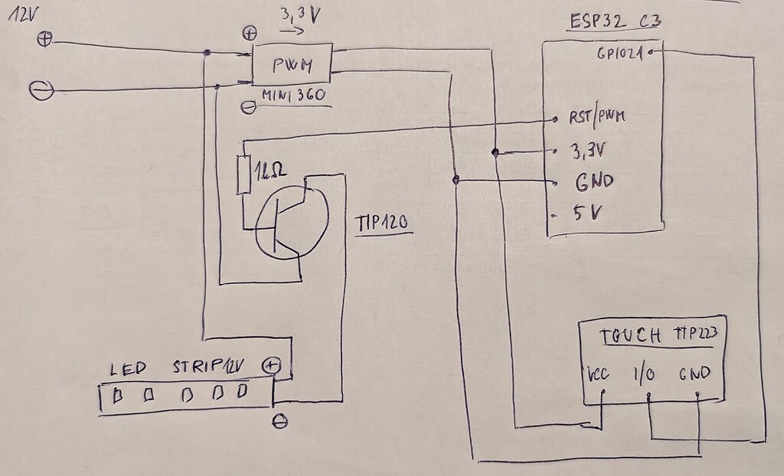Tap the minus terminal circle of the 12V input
pos(41,91)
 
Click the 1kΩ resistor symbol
pos(245,174)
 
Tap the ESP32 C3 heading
pos(616,20)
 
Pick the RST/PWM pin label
pos(596,119)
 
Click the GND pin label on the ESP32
pos(591,183)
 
